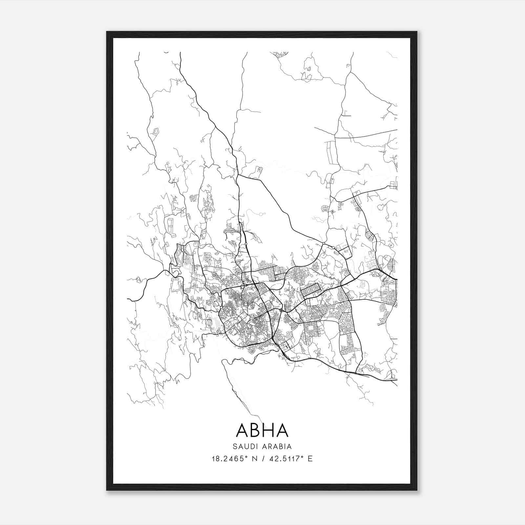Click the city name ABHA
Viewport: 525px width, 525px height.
coord(262,430)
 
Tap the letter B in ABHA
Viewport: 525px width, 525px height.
coord(253,430)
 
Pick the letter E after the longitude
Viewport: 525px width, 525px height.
coord(310,458)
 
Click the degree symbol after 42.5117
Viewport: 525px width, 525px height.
coord(301,456)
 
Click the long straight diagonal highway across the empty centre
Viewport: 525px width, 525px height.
coord(279,203)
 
